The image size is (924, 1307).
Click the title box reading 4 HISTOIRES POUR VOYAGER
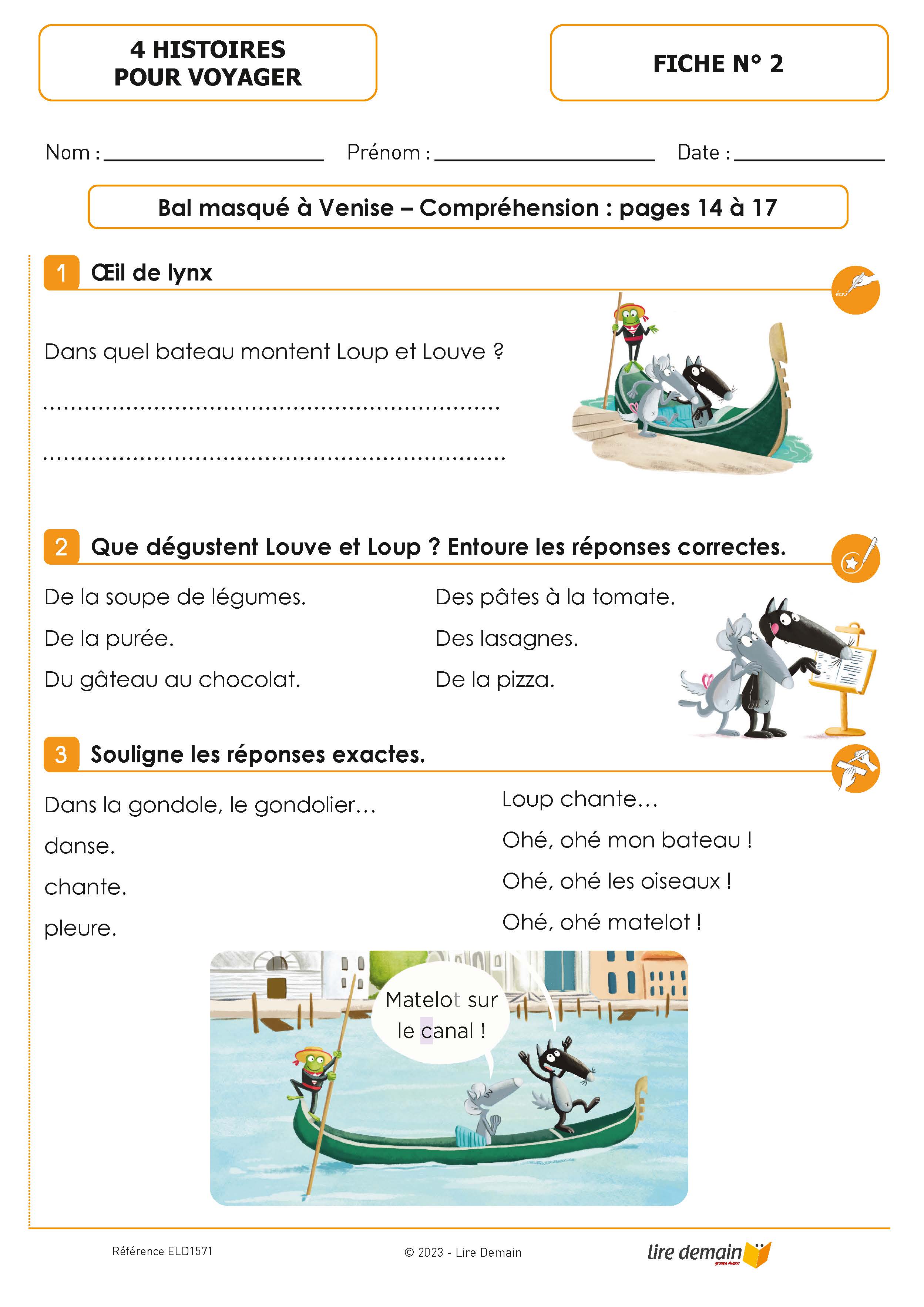[x=208, y=63]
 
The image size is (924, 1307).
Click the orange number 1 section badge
[x=61, y=273]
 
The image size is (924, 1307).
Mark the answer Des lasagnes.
[x=506, y=639]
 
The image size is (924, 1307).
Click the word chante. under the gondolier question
[x=85, y=887]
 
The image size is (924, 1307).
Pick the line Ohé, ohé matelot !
[x=601, y=922]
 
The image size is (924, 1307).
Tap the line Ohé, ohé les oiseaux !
[x=616, y=881]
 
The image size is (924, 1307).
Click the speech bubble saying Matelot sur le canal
[x=441, y=1015]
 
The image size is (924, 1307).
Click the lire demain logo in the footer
[x=708, y=1253]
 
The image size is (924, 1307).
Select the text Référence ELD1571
[x=162, y=1251]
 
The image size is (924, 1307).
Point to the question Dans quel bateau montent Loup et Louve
[x=273, y=352]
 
